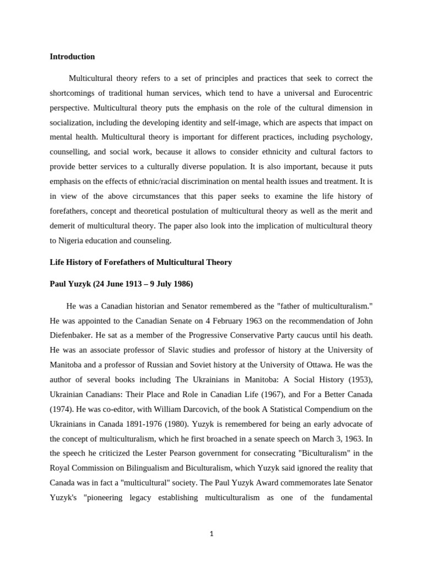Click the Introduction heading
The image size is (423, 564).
click(72, 57)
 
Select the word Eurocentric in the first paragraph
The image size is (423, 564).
click(350, 93)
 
